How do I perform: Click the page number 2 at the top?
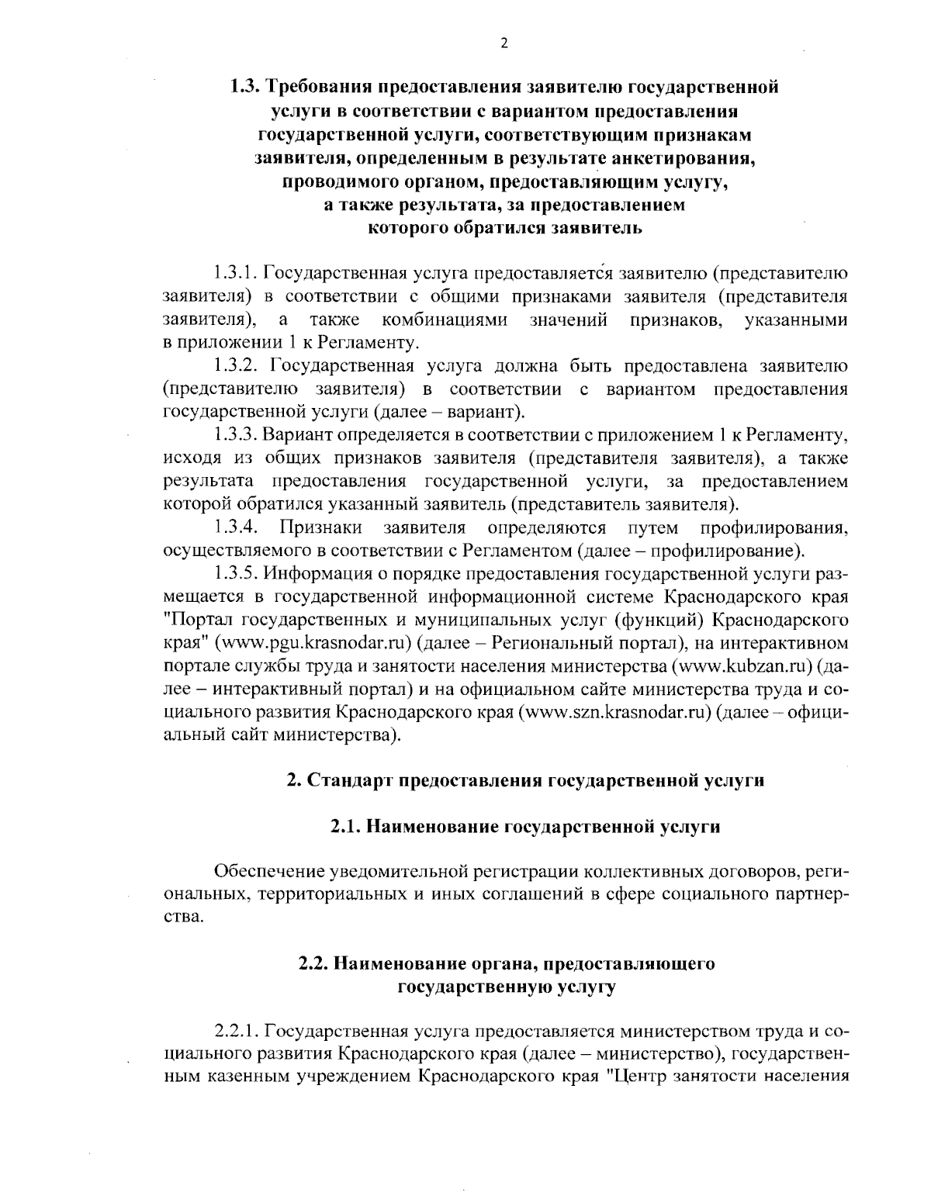(504, 44)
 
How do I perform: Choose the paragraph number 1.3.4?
(237, 528)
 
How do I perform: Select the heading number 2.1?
(346, 827)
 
